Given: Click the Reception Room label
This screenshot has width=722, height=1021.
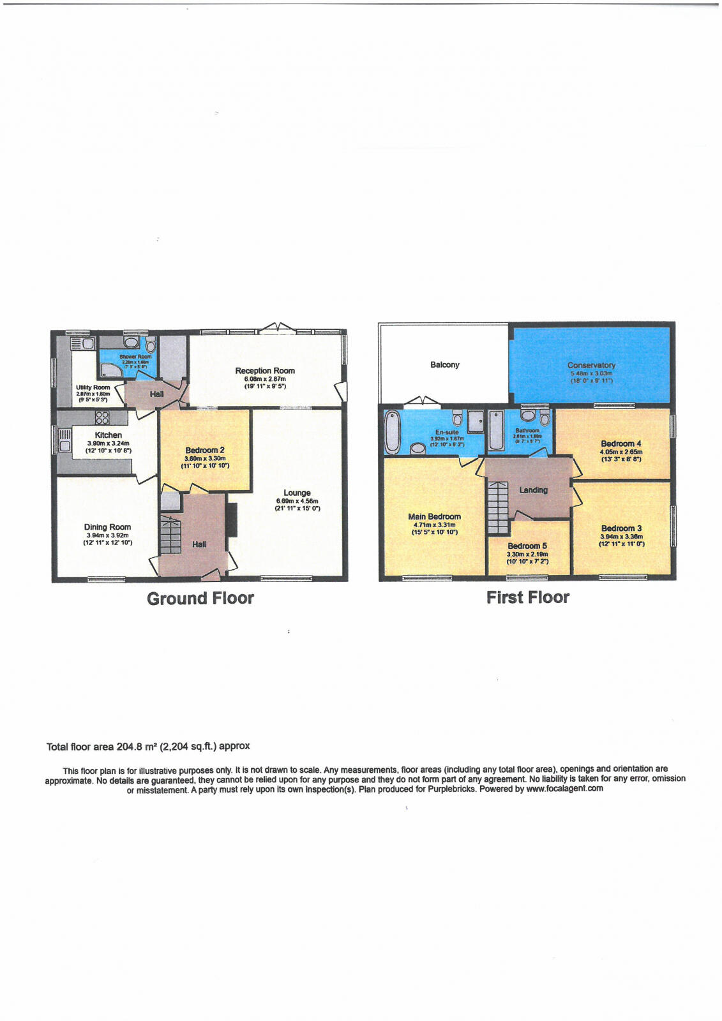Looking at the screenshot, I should point(265,371).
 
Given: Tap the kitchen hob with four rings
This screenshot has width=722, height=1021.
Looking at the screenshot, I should point(102,417).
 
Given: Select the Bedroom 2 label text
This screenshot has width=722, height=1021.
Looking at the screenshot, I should point(204,450).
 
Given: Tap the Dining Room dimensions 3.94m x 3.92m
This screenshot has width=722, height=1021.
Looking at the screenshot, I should point(107,535).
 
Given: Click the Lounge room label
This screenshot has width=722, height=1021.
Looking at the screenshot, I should point(297,493).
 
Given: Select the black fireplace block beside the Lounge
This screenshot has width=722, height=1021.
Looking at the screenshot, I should point(232,519).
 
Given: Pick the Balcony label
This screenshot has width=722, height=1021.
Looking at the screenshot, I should point(444,364).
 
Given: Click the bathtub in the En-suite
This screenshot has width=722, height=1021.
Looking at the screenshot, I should point(392,431).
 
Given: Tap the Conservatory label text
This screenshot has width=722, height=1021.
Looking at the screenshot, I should point(591,365).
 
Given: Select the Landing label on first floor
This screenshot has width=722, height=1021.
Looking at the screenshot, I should point(533,490).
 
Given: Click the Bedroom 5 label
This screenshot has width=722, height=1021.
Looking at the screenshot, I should point(527,546).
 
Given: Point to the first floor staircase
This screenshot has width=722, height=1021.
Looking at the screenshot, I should point(498,508).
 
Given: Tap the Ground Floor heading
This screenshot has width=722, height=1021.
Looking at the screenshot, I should point(200,599).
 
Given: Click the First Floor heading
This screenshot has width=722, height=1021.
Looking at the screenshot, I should point(527,597).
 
